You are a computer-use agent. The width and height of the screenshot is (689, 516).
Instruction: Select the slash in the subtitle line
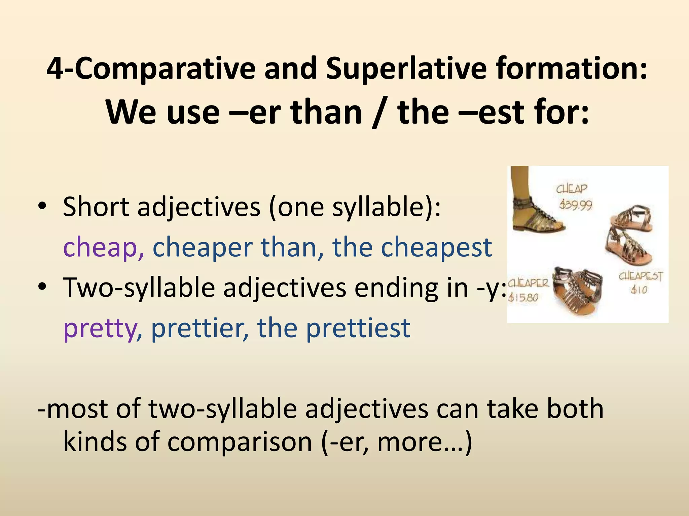379,113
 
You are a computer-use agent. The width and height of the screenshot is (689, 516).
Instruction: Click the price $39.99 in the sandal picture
576,205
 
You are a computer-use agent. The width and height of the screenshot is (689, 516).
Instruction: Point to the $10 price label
639,289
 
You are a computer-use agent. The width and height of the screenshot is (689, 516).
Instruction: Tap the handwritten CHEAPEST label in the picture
641,276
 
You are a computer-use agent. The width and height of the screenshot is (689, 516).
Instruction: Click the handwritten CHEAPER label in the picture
528,283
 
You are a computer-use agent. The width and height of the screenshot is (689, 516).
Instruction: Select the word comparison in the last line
240,442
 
